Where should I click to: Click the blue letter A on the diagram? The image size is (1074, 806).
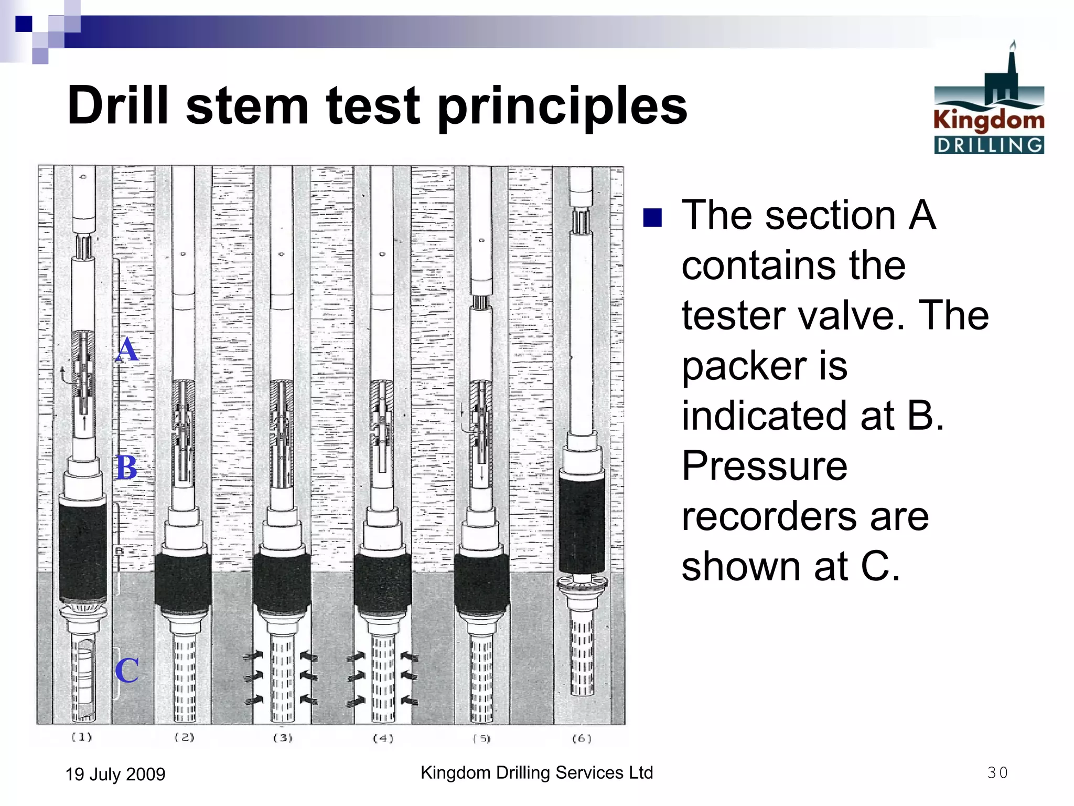tap(127, 349)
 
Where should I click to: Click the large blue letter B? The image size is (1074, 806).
tap(126, 467)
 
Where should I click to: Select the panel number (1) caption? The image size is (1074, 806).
tap(82, 737)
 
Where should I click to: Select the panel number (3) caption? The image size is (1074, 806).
tap(283, 738)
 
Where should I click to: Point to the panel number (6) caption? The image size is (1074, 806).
tap(582, 738)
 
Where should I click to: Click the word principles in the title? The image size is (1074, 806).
tap(562, 107)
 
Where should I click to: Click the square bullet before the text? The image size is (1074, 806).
tap(652, 217)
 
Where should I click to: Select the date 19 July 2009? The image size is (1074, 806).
tap(115, 774)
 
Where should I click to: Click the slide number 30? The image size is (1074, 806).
tap(997, 772)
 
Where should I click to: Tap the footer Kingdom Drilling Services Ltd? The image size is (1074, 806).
tap(536, 772)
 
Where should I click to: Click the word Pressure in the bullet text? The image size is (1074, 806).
tap(764, 466)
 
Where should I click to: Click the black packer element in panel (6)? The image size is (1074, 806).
tap(582, 525)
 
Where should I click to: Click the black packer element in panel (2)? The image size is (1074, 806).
tap(183, 580)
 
